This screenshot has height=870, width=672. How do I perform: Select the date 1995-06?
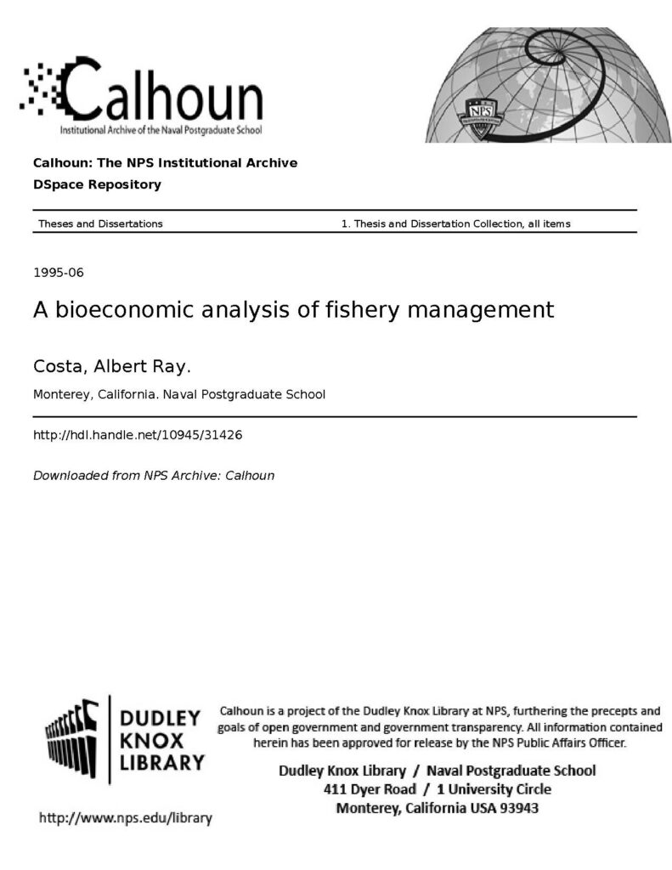[x=58, y=273]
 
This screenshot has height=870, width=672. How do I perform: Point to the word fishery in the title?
[x=361, y=309]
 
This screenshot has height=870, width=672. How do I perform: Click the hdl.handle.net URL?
[x=138, y=434]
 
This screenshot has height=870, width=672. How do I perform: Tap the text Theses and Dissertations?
[x=100, y=223]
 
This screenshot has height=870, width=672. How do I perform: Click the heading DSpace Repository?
[x=96, y=184]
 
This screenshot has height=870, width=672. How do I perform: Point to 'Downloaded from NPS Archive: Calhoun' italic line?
[x=153, y=476]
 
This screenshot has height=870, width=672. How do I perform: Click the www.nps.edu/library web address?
[x=126, y=819]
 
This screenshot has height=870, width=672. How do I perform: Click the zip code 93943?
[x=518, y=808]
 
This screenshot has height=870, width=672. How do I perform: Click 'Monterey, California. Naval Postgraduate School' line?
[x=178, y=394]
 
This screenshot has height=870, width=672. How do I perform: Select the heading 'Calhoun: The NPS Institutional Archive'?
[x=165, y=163]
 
